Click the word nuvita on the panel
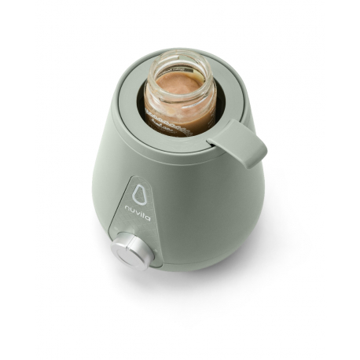click(x=138, y=213)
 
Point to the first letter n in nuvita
click(x=127, y=208)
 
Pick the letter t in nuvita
click(x=145, y=215)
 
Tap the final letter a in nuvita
click(x=149, y=219)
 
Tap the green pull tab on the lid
click(x=240, y=142)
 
